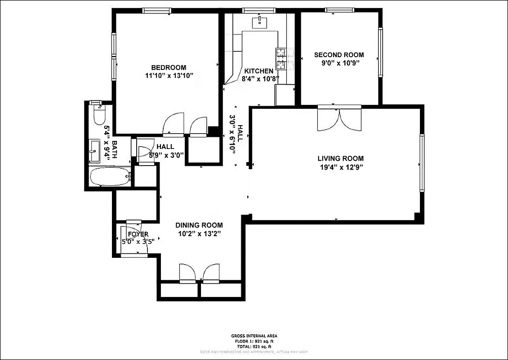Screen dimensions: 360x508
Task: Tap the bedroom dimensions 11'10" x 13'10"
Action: point(169,76)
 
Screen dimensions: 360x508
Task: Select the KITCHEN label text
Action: point(258,71)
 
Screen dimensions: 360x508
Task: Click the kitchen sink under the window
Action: point(260,21)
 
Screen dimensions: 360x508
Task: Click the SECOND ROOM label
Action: point(339,55)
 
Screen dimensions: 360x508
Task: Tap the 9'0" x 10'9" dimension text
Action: point(339,63)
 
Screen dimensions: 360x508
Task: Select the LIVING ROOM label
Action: point(340,158)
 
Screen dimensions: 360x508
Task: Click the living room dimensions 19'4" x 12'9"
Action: point(340,167)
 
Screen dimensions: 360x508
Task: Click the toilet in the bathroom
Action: point(98,116)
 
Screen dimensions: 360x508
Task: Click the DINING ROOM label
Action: point(199,225)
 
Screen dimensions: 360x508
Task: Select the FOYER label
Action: point(138,234)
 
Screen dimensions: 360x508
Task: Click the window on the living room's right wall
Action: point(422,162)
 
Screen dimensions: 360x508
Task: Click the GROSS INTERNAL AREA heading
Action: point(254,336)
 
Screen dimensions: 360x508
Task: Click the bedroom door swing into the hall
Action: point(173,124)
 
